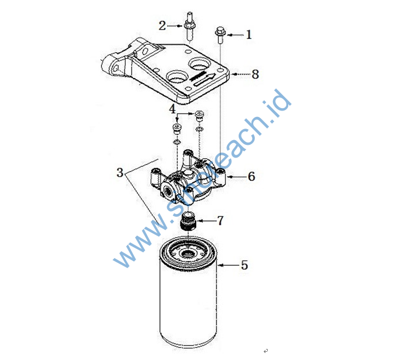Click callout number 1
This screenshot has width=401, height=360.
(x=249, y=34)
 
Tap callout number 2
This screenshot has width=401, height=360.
(x=162, y=26)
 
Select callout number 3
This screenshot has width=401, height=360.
(x=120, y=173)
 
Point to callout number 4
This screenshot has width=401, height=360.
(x=172, y=109)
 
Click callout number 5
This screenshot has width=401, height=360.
(x=244, y=265)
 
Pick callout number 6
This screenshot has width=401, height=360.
(x=251, y=176)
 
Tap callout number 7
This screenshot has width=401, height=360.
(x=220, y=220)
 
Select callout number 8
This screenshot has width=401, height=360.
(x=255, y=74)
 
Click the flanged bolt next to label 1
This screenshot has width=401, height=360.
(x=220, y=35)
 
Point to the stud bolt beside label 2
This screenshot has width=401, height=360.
(x=189, y=26)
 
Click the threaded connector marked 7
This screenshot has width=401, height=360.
(x=189, y=221)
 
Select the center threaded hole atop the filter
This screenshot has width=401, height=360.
(x=188, y=254)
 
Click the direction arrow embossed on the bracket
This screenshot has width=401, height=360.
(x=205, y=80)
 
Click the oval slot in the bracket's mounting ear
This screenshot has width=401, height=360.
(x=145, y=51)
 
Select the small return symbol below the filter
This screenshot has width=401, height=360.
(x=266, y=351)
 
